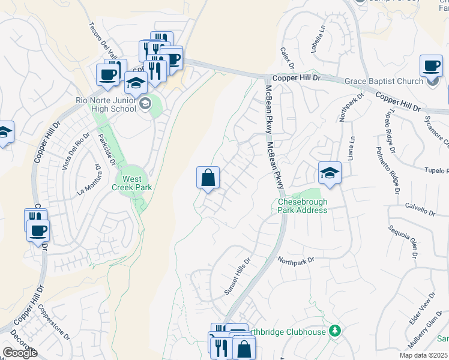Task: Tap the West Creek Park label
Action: coord(133,183)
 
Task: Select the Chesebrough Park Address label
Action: coord(303,206)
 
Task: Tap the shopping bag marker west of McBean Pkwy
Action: coord(208,178)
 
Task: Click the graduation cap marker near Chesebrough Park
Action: coord(330,173)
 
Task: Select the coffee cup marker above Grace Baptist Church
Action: coord(430,65)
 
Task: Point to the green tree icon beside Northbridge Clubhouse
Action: coord(335,331)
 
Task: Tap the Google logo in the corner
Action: coord(20,353)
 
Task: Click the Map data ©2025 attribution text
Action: coord(423,355)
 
